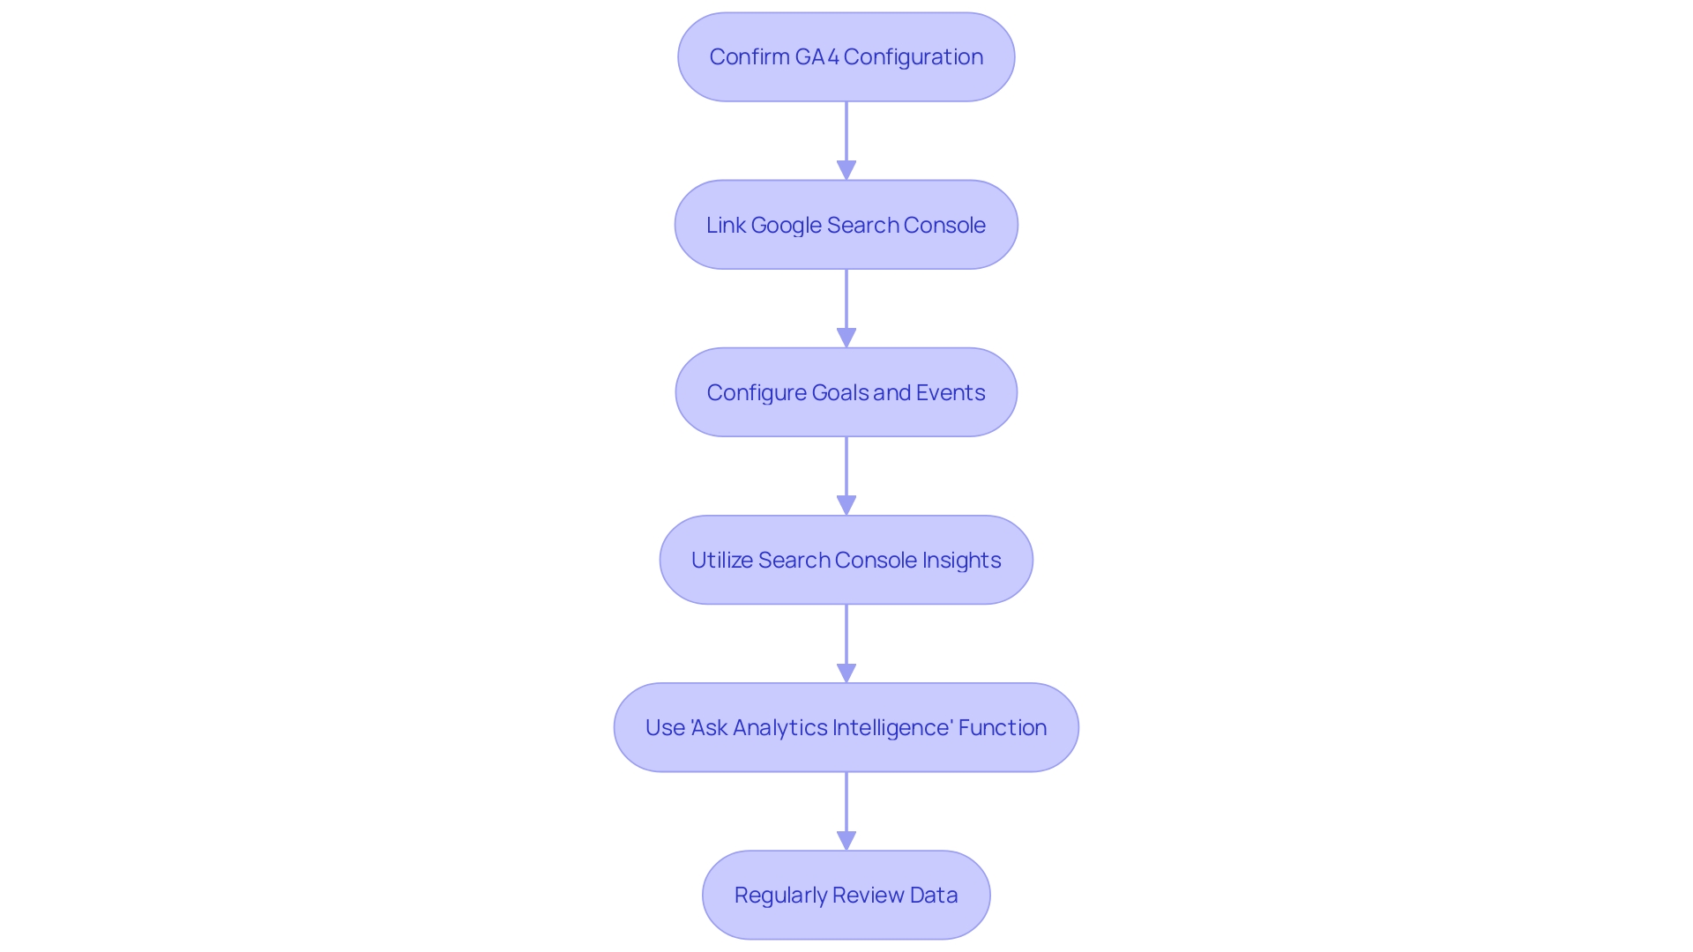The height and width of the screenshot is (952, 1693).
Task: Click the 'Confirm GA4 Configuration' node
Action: (846, 57)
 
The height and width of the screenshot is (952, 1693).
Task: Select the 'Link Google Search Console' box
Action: (846, 225)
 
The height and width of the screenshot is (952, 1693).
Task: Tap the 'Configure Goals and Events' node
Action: (846, 392)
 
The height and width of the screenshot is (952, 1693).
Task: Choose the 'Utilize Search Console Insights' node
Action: (846, 560)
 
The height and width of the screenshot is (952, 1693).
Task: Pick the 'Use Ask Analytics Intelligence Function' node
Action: (846, 727)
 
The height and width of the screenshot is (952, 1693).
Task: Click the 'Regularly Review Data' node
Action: (846, 895)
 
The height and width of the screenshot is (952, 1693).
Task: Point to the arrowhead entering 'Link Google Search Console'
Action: (846, 169)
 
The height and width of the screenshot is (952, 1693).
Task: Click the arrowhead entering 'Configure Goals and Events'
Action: (846, 337)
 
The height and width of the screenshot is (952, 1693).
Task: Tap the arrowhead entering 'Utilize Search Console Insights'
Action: (846, 504)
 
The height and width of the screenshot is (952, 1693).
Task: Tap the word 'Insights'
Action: (961, 561)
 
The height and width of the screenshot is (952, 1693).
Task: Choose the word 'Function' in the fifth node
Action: (1003, 728)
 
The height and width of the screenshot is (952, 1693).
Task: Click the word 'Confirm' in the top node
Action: (749, 57)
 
